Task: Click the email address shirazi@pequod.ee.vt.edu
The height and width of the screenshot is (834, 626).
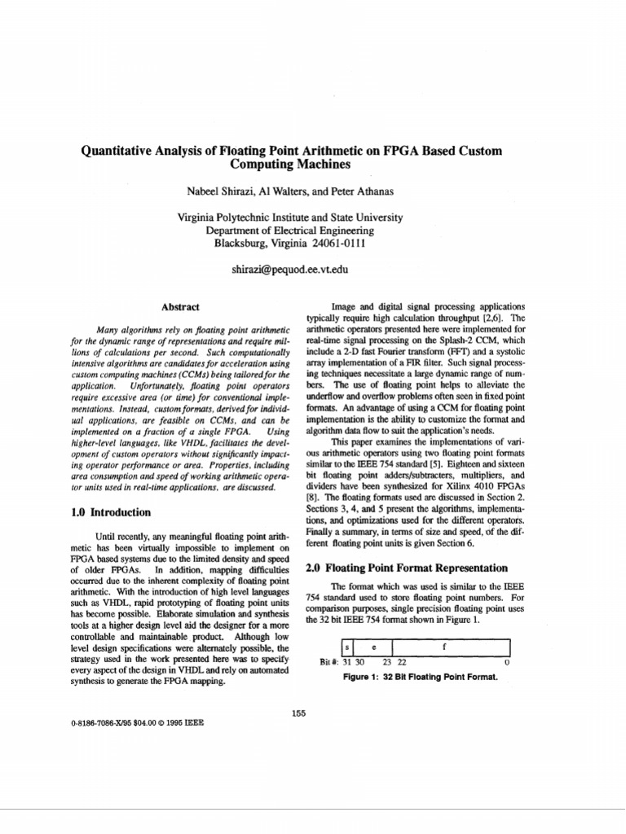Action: coord(290,268)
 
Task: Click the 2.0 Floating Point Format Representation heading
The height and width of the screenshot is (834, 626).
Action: coord(406,568)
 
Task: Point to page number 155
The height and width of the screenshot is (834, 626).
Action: coord(298,713)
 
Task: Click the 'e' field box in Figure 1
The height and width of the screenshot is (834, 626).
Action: coord(374,647)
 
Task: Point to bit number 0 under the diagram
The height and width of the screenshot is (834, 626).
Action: coord(506,662)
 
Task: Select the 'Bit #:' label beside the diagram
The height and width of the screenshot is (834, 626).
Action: coord(329,662)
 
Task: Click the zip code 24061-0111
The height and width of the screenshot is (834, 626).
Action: coord(336,243)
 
